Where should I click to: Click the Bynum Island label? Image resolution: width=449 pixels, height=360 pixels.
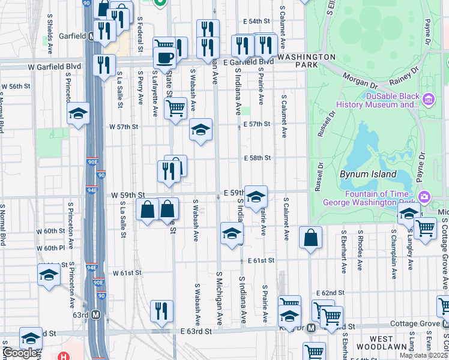click(368, 175)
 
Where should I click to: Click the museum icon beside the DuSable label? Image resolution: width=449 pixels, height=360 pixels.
click(429, 98)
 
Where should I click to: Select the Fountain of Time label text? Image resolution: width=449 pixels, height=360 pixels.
click(382, 198)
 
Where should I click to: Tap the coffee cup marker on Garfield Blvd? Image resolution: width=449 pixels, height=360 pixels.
click(164, 58)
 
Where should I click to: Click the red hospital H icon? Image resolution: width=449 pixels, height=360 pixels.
click(64, 356)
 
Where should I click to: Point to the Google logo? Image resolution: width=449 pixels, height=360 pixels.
click(20, 353)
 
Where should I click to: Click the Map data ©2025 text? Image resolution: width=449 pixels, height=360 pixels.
click(423, 355)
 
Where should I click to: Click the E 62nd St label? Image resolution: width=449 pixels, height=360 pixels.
click(331, 292)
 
